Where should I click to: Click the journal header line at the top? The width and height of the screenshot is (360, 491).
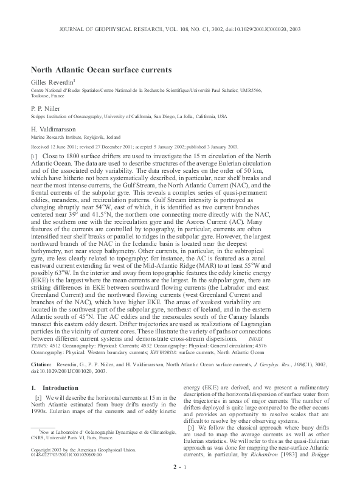180,29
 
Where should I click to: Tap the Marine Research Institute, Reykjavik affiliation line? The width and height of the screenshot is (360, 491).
75,138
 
